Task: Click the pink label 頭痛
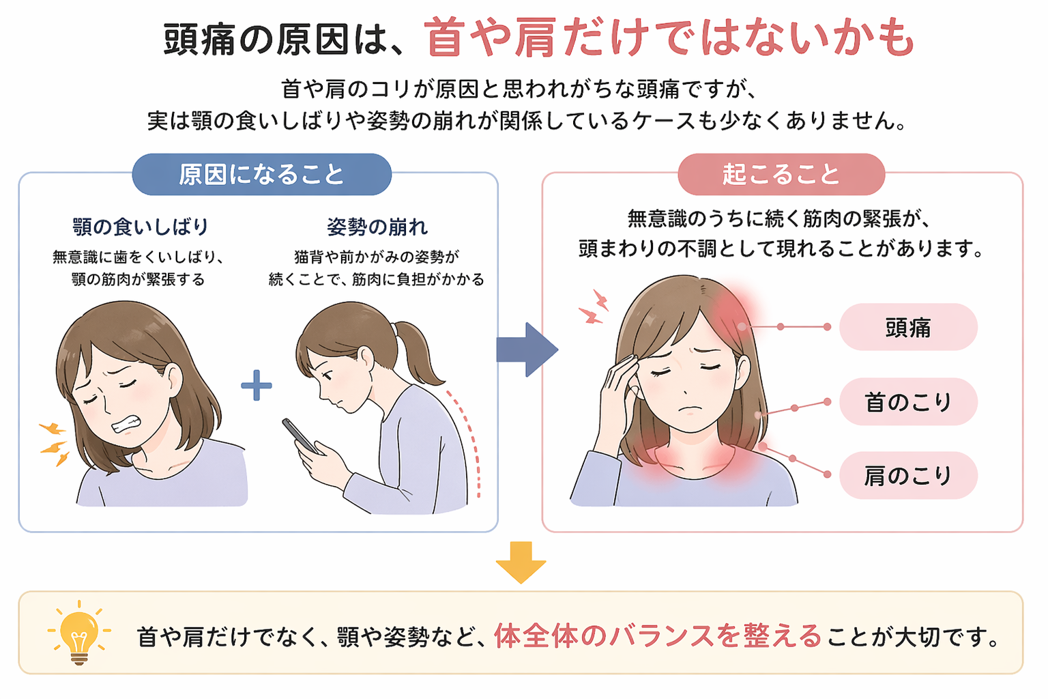(x=908, y=327)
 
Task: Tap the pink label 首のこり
(x=908, y=401)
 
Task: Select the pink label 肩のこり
(x=908, y=475)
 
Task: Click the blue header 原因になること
(x=261, y=174)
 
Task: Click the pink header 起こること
(x=781, y=174)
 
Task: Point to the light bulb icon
(x=79, y=633)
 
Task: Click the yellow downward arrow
(x=521, y=562)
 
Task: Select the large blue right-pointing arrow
(x=527, y=349)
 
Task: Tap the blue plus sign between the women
(x=257, y=385)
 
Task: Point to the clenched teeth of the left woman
(x=126, y=425)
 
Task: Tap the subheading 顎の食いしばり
(x=141, y=227)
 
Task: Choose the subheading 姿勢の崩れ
(x=377, y=227)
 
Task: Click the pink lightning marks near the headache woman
(x=594, y=306)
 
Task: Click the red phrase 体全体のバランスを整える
(x=658, y=636)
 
